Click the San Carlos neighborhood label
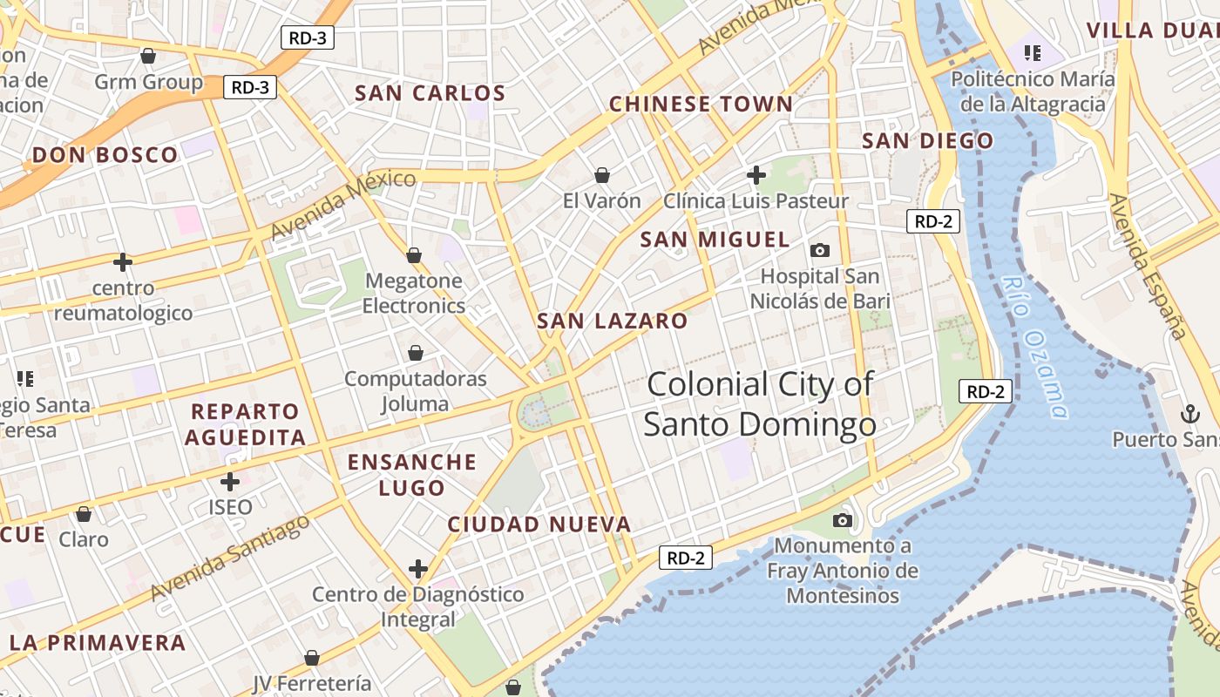[x=430, y=93]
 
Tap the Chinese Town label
[x=701, y=105]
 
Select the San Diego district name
[x=927, y=140]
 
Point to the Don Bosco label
[x=105, y=155]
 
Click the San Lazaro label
[x=612, y=321]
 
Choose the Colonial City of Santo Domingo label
[x=760, y=404]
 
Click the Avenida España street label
[x=1147, y=266]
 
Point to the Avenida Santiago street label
[x=230, y=558]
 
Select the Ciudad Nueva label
[x=539, y=524]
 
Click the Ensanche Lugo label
[x=412, y=475]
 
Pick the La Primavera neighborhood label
[x=98, y=643]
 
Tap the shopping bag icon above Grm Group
[x=148, y=56]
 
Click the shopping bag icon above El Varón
[x=601, y=175]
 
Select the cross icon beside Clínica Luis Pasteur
[x=756, y=175]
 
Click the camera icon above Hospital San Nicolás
[x=820, y=251]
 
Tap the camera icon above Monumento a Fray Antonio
[x=842, y=520]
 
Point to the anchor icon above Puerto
[x=1189, y=414]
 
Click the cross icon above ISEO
[x=230, y=481]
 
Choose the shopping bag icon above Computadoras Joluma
[x=416, y=353]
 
